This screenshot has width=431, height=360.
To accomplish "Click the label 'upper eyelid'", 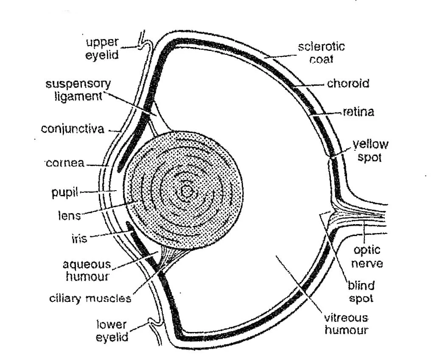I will pyautogui.click(x=102, y=48).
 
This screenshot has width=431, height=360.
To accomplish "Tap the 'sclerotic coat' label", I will pyautogui.click(x=321, y=52).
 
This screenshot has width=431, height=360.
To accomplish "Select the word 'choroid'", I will pyautogui.click(x=348, y=83).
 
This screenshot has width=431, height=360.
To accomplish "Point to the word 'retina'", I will pyautogui.click(x=358, y=112).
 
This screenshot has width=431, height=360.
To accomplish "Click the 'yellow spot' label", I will pyautogui.click(x=370, y=151).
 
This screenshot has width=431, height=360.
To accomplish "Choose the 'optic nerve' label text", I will pyautogui.click(x=367, y=257).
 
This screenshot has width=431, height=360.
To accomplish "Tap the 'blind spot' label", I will pyautogui.click(x=361, y=292).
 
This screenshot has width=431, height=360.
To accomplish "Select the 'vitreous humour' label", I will pyautogui.click(x=346, y=324).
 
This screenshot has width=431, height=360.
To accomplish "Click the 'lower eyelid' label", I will pyautogui.click(x=112, y=331).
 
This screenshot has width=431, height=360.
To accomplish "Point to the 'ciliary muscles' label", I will pyautogui.click(x=90, y=298).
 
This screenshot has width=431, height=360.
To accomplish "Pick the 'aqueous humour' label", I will pyautogui.click(x=87, y=270).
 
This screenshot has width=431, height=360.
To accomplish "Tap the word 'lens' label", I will pyautogui.click(x=69, y=215).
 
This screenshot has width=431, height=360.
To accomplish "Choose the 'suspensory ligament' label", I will pyautogui.click(x=78, y=89).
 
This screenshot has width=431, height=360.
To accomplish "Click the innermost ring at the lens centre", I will pyautogui.click(x=186, y=192).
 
